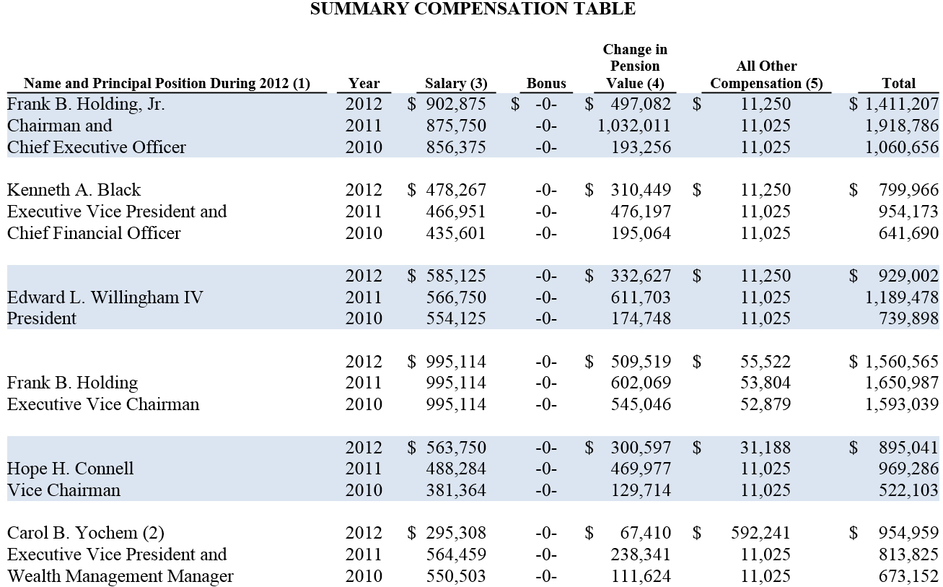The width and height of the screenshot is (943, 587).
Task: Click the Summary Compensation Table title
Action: pos(473,9)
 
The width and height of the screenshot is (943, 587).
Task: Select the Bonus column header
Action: pos(546,84)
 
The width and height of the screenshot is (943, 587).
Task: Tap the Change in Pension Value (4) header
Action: pos(635,66)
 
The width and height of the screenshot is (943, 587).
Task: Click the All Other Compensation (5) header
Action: pos(766,74)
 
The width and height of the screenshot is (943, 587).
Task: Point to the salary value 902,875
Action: pos(456,104)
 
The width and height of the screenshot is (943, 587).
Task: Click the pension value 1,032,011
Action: pos(634,126)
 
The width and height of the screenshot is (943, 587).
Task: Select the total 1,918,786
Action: pos(902,126)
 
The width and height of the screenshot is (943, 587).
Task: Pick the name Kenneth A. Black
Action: pos(74,190)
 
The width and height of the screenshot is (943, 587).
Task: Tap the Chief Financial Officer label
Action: pos(94,233)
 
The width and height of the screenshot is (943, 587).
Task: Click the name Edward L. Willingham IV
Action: pos(105,297)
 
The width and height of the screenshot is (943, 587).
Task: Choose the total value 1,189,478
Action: pos(902,297)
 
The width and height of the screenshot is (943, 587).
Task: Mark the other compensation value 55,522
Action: pos(766,362)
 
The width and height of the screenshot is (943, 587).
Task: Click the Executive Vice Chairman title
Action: pos(103,404)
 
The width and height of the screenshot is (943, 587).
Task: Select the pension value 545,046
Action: pos(641,404)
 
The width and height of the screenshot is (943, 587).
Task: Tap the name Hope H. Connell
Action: pos(70,469)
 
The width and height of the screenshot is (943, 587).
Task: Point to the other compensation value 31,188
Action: pos(766,448)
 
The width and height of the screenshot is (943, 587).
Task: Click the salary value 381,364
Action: pos(456,490)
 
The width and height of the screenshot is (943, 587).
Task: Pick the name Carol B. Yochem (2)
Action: pos(85,533)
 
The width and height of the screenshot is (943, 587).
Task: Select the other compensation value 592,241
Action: pos(760,533)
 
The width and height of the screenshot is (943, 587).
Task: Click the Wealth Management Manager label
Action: pos(120,576)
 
